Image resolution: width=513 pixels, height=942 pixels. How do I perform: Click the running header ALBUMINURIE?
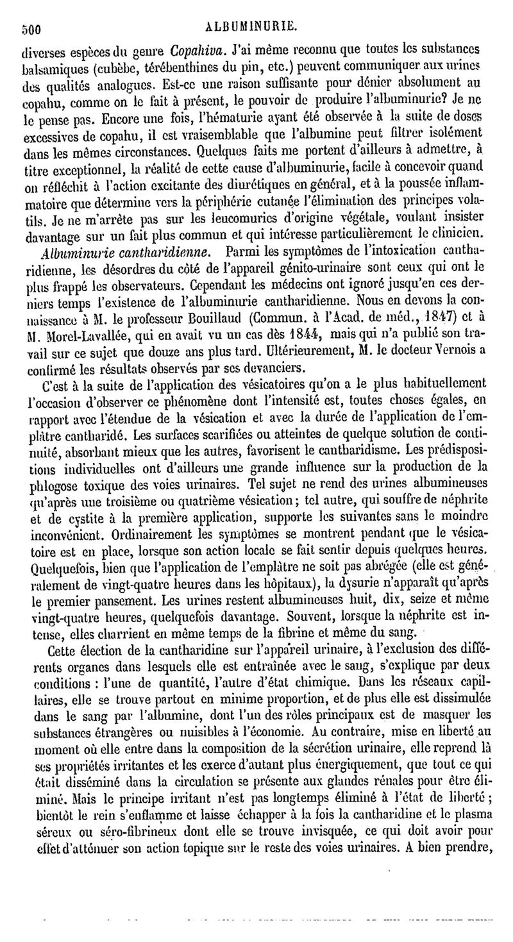pos(257,28)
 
